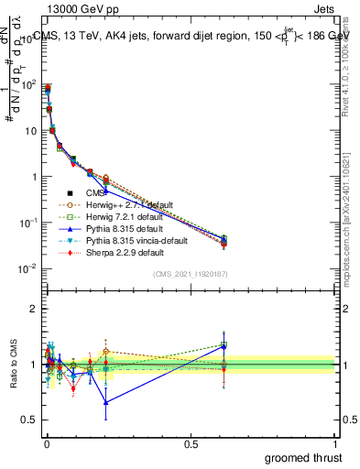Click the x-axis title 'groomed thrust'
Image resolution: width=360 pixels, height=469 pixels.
coord(304,457)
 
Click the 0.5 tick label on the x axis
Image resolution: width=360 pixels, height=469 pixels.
coord(191,443)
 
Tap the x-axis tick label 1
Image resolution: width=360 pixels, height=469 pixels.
coord(336,443)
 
